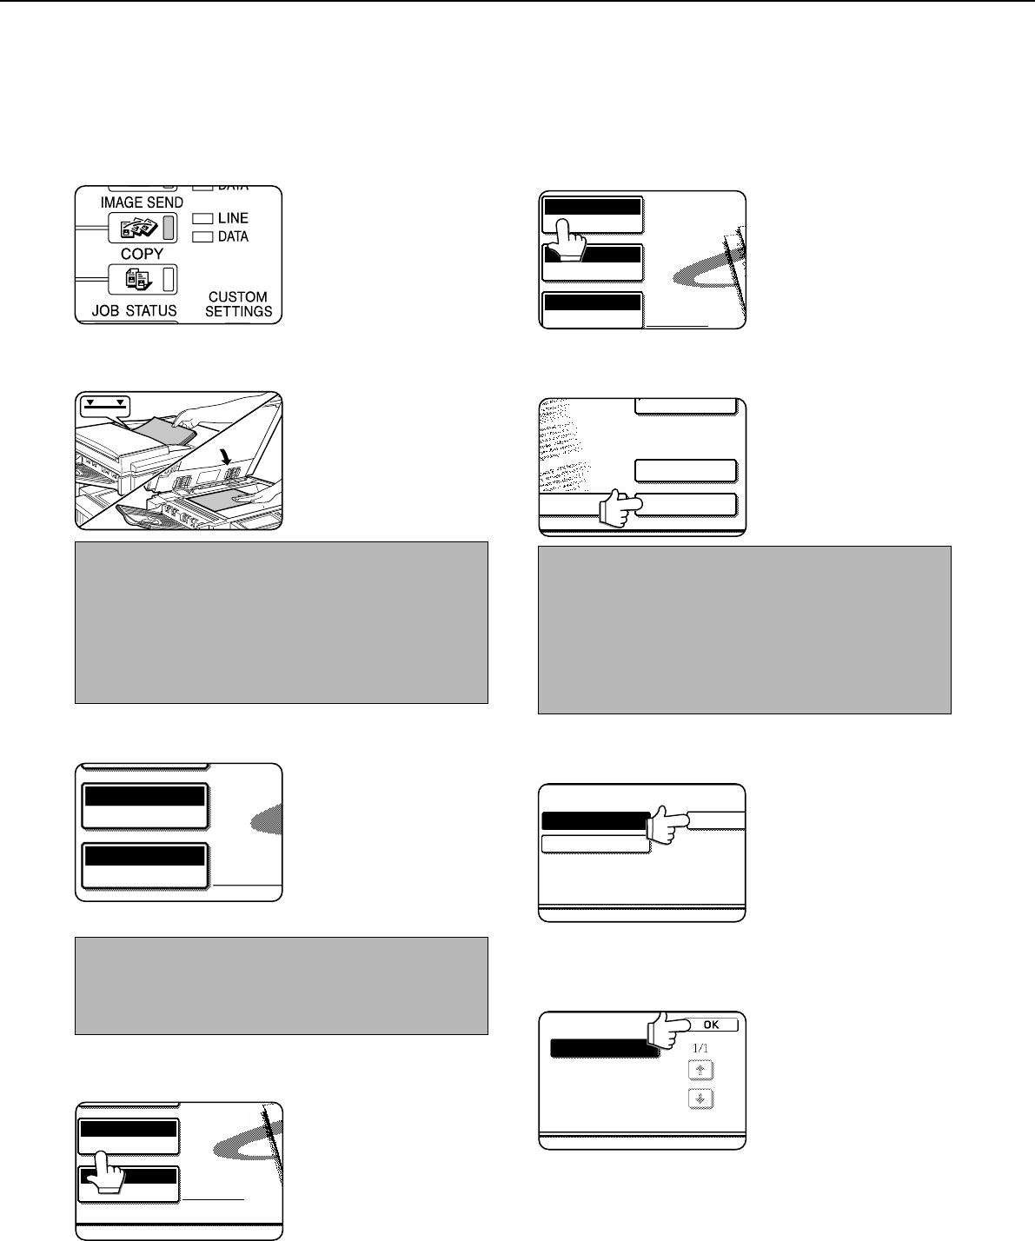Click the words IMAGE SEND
[x=142, y=202]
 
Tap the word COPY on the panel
[x=142, y=254]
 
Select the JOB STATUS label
[x=134, y=310]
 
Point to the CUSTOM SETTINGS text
[x=238, y=303]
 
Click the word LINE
[x=233, y=218]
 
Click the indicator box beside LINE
[x=202, y=219]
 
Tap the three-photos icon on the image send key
[x=138, y=228]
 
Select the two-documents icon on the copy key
[x=138, y=279]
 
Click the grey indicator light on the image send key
[x=169, y=228]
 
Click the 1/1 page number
[x=700, y=1048]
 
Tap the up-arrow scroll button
[x=700, y=1070]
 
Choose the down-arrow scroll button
[x=700, y=1098]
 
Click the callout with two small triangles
[x=105, y=408]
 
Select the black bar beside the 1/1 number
[x=605, y=1048]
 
